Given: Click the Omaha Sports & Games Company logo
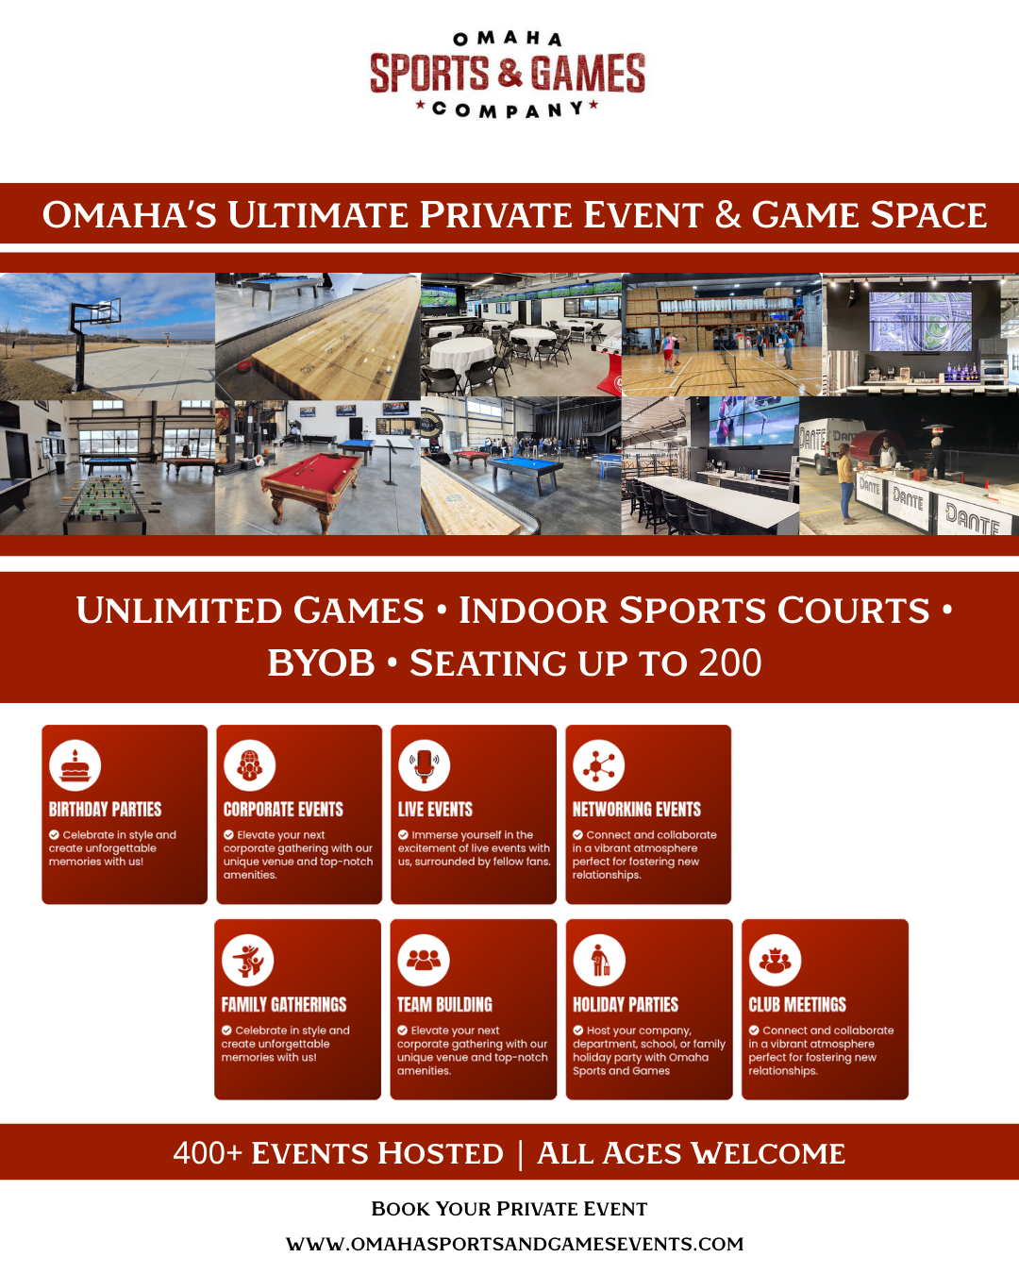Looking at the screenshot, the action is [508, 75].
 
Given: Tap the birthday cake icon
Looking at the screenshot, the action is [75, 765].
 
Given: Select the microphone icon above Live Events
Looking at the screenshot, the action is [424, 765].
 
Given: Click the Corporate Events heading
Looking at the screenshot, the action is [283, 810].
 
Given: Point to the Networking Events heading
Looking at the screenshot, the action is [637, 810].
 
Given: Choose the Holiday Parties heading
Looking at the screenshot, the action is [626, 1005].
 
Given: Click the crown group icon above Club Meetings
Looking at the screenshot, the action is [775, 961].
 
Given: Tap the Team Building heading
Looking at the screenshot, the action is [444, 1005].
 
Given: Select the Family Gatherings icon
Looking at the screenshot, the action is [247, 961].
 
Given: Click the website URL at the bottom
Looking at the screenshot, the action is [514, 1244].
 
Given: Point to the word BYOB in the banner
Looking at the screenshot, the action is [321, 662].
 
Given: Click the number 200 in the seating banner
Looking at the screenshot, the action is [730, 662].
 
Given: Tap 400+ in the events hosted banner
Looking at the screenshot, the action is [208, 1153].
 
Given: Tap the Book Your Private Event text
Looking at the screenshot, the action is [509, 1208].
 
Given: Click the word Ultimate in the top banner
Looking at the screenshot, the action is [319, 214].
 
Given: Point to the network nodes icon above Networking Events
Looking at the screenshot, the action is [598, 765].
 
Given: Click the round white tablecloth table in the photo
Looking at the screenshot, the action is [461, 355].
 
